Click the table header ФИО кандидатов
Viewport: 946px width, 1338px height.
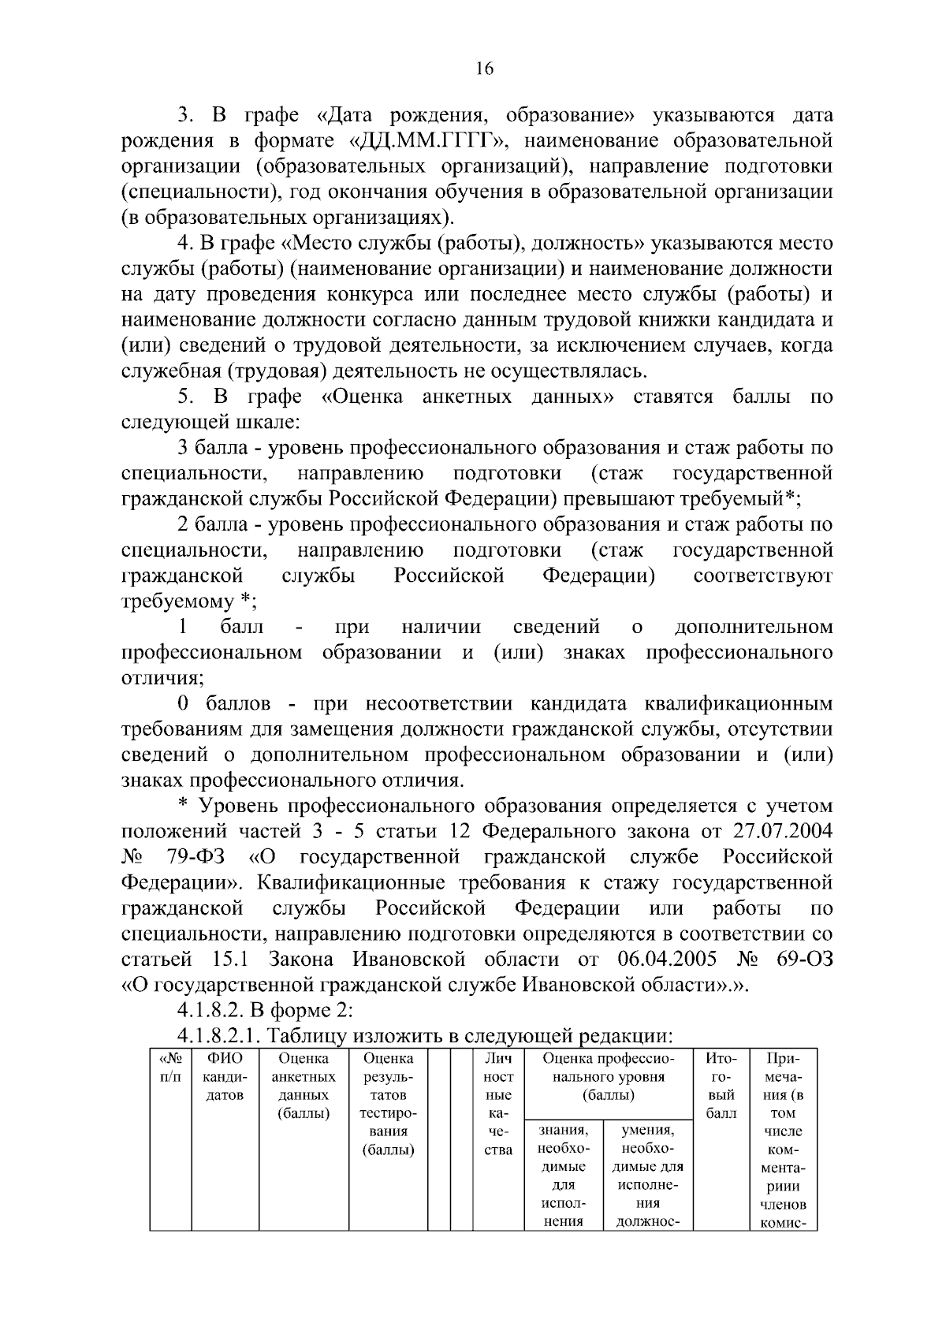[x=225, y=1076]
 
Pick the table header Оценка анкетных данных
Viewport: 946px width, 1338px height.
[x=304, y=1086]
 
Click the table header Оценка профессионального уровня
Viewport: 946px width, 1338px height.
[x=609, y=1076]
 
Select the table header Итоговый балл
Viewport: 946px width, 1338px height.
[x=721, y=1086]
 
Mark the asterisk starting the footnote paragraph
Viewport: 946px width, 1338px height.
[x=183, y=805]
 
